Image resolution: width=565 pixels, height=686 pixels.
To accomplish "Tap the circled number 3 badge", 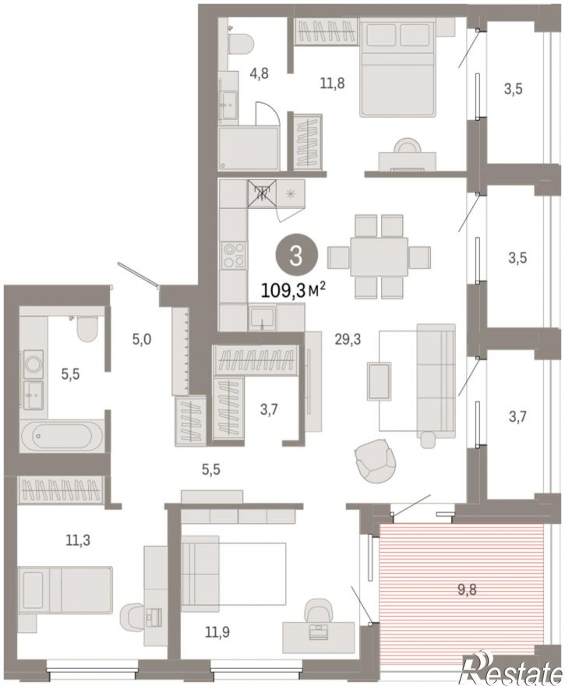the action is click(x=296, y=256).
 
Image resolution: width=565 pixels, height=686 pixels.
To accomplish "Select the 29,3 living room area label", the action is click(x=348, y=339).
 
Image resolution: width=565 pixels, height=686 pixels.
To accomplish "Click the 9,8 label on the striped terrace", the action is click(x=467, y=590).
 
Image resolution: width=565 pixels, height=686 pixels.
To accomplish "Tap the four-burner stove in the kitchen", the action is click(x=234, y=255).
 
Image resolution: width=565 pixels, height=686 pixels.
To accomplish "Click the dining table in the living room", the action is click(x=379, y=256).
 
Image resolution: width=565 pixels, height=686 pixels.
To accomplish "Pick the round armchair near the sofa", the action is click(x=376, y=461).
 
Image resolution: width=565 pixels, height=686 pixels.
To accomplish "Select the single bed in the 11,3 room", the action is click(x=65, y=590).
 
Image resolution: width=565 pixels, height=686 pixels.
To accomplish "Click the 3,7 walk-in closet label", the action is click(x=269, y=410).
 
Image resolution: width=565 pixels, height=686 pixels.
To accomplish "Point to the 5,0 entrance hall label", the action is click(x=142, y=338).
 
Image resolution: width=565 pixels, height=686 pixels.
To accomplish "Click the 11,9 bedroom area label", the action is click(x=217, y=631).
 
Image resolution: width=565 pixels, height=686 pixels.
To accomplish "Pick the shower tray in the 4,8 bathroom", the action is click(x=249, y=148).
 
